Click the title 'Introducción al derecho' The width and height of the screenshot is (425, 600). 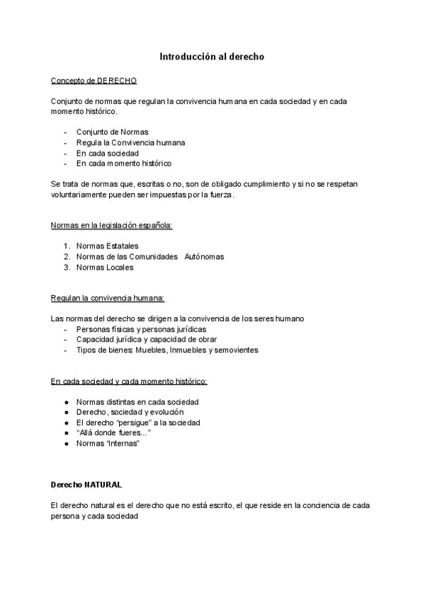click(212, 56)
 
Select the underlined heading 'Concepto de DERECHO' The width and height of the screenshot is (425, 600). click(94, 81)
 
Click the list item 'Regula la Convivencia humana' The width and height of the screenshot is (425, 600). click(130, 142)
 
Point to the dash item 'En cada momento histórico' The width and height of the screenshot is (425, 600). click(124, 163)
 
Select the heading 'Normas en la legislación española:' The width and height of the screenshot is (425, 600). click(112, 225)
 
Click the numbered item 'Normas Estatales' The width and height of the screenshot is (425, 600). click(108, 246)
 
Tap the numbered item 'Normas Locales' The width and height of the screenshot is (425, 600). click(105, 267)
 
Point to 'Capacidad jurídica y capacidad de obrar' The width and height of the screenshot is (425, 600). click(147, 339)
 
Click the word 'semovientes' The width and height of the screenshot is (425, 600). click(237, 350)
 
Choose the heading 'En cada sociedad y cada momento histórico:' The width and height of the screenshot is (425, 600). click(129, 381)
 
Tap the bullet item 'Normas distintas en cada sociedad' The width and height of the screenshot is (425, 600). click(137, 401)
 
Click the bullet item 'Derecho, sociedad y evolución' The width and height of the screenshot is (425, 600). click(130, 411)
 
